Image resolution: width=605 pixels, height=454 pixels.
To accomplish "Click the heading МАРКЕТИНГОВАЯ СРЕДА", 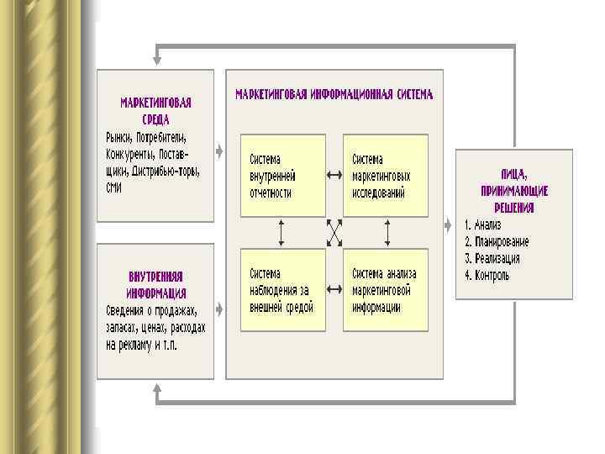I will point(155,111).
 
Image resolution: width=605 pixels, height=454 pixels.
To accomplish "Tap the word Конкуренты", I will point(132,154).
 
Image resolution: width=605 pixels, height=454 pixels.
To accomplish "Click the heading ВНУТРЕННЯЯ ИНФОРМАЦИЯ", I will point(156,284).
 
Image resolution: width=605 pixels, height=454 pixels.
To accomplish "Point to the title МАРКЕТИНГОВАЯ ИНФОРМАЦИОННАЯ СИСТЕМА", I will point(334,95).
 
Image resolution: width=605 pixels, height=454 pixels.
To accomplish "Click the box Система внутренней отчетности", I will point(282,175).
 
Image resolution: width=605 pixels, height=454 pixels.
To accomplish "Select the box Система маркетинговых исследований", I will point(385,175).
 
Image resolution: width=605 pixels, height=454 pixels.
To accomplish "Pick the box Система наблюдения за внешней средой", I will point(282,290).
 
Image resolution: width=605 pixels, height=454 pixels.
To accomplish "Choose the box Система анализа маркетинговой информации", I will point(385,290).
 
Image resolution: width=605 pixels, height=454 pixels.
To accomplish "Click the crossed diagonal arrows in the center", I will point(334,232).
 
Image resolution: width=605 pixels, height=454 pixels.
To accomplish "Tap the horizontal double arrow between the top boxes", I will point(334,175).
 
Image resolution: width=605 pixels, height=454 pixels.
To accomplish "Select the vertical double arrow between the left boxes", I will point(282,232).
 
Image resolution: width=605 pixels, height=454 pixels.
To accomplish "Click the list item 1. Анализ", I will point(483,225).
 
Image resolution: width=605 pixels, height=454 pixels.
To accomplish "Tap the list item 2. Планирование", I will point(497,242).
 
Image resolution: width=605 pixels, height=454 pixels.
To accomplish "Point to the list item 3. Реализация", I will point(492,258).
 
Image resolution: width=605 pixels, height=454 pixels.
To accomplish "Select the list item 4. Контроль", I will point(487,275).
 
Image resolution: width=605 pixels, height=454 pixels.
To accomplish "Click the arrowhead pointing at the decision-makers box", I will point(446,224).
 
